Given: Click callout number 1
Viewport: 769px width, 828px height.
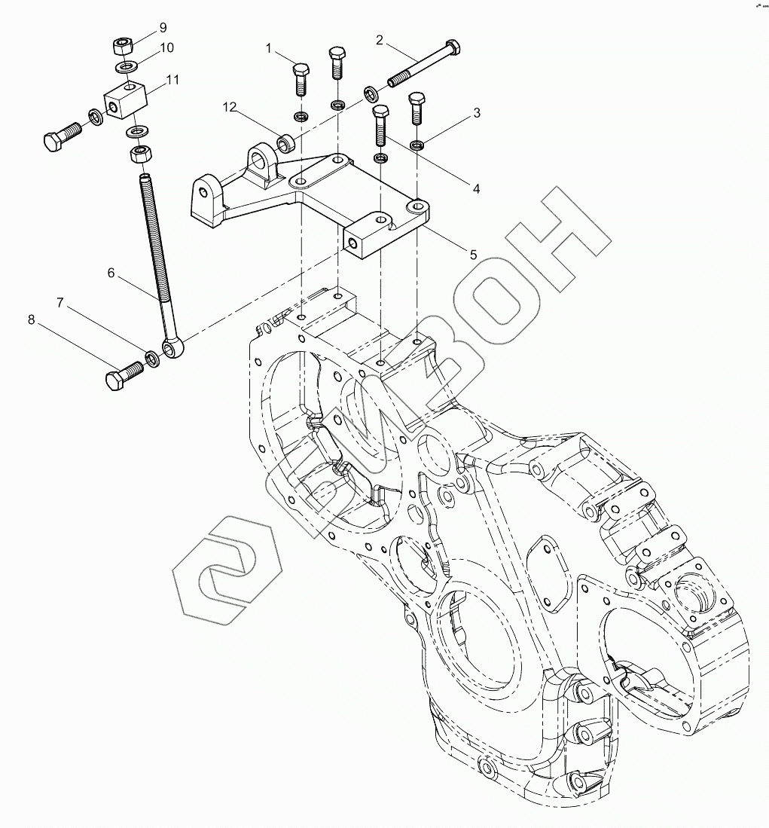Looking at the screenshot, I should pos(268,49).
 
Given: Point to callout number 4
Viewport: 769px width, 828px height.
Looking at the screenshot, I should pos(476,189).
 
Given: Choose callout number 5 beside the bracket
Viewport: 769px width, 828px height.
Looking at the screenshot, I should pos(473,255).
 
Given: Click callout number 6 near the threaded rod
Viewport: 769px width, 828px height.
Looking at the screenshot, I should pos(111,273).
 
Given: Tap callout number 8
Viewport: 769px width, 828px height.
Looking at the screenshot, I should pos(32,319).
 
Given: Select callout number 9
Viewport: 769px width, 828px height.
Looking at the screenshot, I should pos(162,29).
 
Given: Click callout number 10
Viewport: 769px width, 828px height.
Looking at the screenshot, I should pos(166,47).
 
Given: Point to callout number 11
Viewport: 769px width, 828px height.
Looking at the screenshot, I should pos(173,78).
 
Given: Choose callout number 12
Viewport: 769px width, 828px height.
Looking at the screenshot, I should pos(230,108).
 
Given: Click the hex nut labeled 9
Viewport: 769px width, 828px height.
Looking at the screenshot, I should pos(123,47).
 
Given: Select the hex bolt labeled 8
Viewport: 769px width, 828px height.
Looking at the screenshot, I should pos(121,375).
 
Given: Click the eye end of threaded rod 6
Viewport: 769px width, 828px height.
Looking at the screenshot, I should pos(173,347).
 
